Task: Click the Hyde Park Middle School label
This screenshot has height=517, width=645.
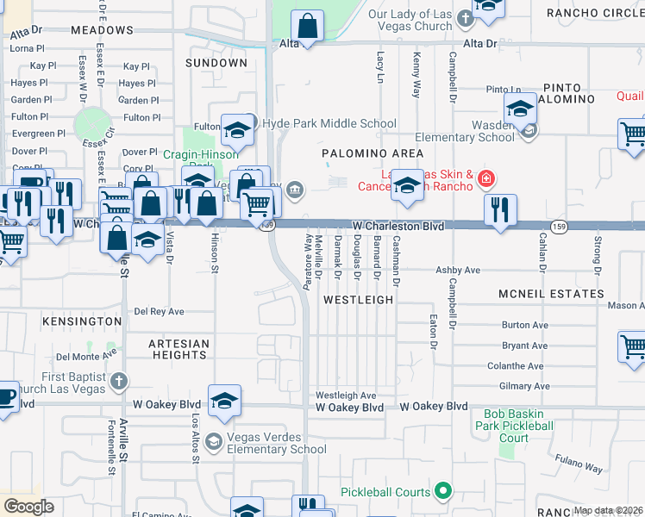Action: coord(329,124)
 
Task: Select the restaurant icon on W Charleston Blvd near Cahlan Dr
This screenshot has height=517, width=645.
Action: coord(500,209)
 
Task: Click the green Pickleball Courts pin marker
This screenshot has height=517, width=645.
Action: coord(443,492)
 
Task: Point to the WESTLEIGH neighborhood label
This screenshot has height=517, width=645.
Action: coord(358,300)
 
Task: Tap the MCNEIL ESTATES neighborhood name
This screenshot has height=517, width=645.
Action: coord(551,294)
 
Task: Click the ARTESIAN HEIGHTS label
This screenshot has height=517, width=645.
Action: coord(178,349)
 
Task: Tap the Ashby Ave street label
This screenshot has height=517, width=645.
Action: coord(457,270)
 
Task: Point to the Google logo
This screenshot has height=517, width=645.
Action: coord(29,506)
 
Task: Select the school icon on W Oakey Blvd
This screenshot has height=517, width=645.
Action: coord(224,401)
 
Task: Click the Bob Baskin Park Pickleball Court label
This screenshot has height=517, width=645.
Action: coord(513,426)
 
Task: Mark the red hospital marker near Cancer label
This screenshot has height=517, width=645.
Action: coord(486,179)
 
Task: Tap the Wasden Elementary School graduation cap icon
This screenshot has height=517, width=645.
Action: coord(521,109)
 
